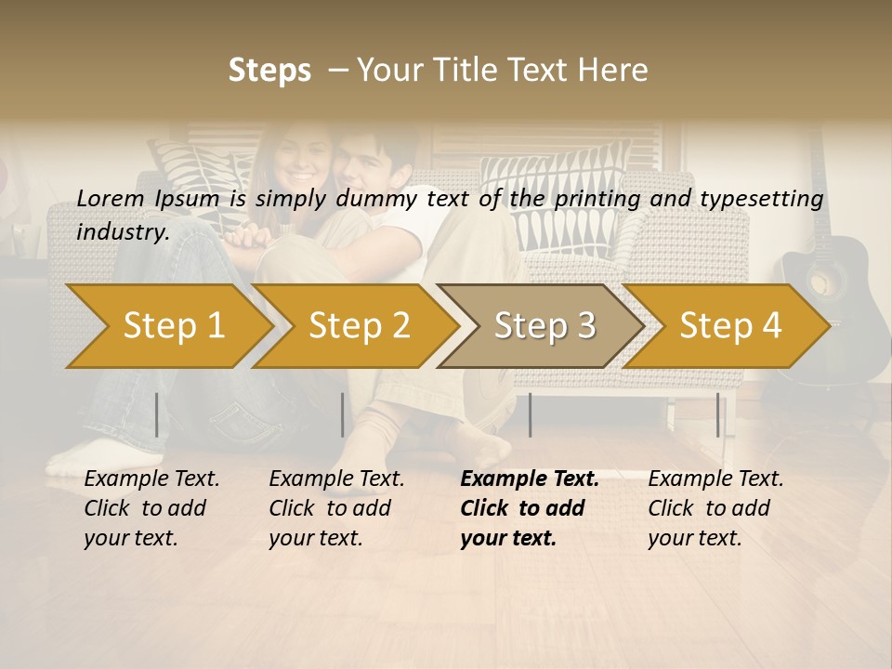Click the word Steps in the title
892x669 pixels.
coord(269,71)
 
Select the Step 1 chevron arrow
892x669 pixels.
coord(173,326)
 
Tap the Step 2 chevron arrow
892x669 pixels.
coord(359,326)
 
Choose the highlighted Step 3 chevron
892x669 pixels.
coord(544,326)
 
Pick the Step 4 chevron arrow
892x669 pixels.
coord(730,326)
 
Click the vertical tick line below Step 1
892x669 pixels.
coord(157,414)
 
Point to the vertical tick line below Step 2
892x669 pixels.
coord(343,414)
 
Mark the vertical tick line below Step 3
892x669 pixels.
coord(531,414)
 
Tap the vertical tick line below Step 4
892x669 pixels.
coord(718,414)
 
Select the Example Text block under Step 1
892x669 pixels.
coord(151,508)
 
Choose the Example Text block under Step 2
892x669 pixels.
coord(336,508)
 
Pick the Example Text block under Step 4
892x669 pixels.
coord(715,508)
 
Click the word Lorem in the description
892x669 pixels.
coord(110,198)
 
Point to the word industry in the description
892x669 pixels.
coord(123,231)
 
